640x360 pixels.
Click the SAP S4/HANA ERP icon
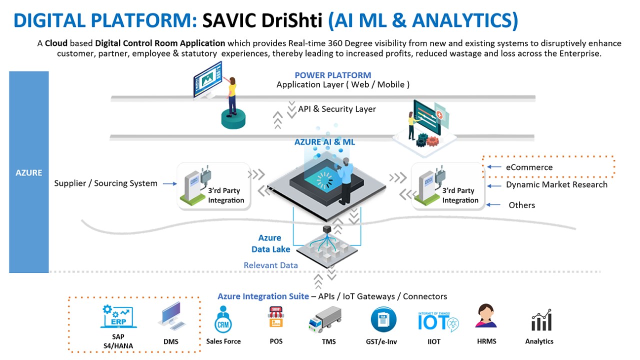click(x=118, y=317)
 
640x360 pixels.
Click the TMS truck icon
click(x=325, y=319)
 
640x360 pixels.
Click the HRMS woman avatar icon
click(x=486, y=316)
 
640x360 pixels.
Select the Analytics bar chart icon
click(x=541, y=320)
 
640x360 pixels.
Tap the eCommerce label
click(x=529, y=167)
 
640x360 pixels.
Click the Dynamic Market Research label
click(x=556, y=184)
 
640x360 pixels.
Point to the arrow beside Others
click(x=493, y=205)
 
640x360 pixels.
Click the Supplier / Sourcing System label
click(x=105, y=183)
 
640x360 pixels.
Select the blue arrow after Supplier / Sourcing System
click(x=170, y=183)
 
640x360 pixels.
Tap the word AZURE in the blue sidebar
click(x=28, y=172)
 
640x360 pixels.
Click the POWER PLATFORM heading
click(x=332, y=75)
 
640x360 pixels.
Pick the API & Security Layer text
click(x=336, y=108)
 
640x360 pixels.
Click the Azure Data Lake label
click(x=270, y=243)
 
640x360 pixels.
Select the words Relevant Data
click(x=270, y=265)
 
